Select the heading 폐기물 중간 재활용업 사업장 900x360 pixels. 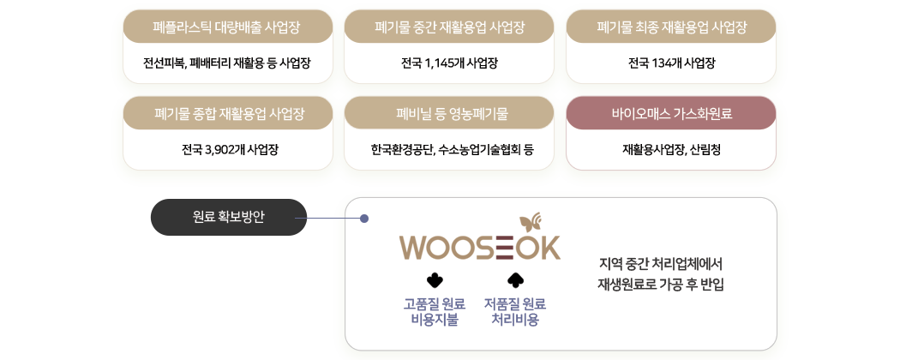450,27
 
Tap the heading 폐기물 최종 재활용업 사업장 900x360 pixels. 671,27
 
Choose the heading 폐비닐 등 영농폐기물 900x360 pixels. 450,113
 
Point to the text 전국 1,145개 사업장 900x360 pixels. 450,63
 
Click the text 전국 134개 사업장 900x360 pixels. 671,63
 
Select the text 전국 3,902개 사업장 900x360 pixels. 230,149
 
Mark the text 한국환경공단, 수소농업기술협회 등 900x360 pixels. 452,149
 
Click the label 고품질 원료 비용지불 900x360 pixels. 434,312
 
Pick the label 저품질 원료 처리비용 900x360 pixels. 514,312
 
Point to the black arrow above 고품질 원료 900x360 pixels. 434,279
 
